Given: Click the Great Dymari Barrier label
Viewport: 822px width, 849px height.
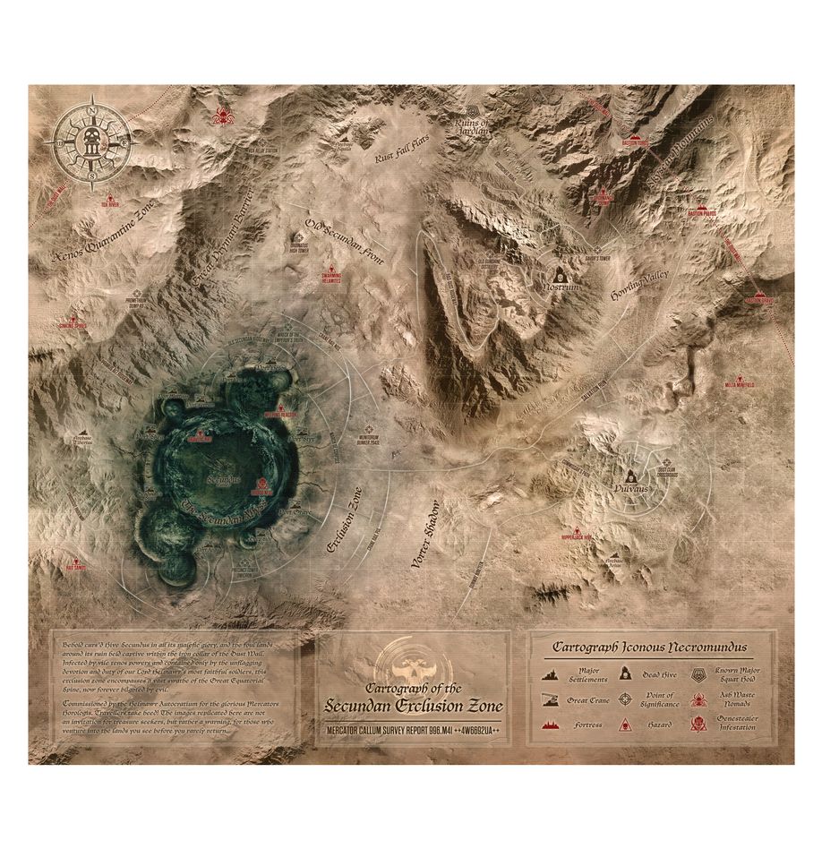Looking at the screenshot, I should point(223,238).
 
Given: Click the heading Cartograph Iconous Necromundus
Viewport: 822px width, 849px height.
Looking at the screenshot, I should point(650,647).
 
